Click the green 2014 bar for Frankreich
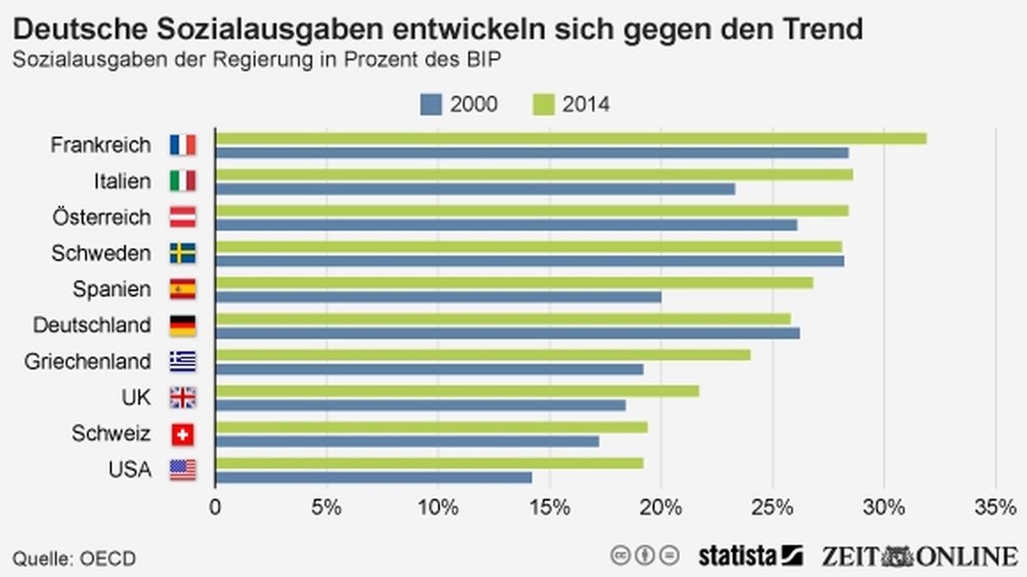570,139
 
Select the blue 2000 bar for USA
373,478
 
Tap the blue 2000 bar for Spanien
438,298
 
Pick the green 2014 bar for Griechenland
482,355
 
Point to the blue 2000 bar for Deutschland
507,333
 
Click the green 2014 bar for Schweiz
431,427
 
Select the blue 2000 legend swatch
431,104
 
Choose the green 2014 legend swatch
544,104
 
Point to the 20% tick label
661,508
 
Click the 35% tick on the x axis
995,508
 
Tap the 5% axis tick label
326,508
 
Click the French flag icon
182,145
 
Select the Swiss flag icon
182,434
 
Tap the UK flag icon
182,398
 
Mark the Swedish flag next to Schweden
182,253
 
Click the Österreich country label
101,217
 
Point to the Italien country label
122,182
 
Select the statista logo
750,556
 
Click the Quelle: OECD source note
74,559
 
